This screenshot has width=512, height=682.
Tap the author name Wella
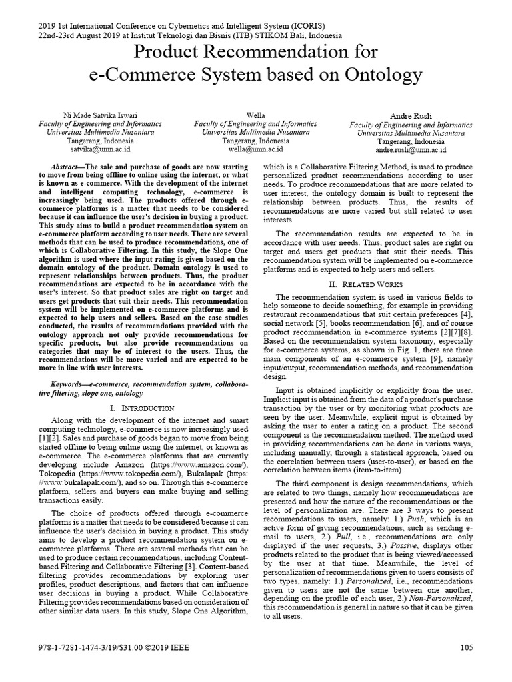tap(255, 115)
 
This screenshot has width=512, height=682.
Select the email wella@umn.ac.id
tap(255, 150)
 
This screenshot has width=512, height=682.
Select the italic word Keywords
tap(69, 384)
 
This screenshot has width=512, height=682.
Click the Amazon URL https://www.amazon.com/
tap(196, 464)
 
